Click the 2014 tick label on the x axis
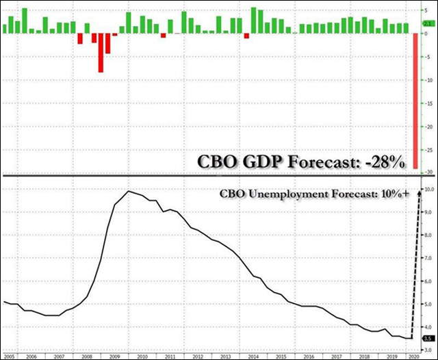[x=253, y=356]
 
